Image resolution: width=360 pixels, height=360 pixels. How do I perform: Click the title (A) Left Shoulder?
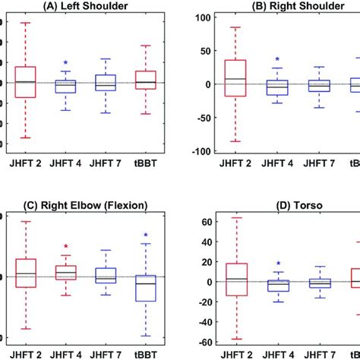tap(85, 6)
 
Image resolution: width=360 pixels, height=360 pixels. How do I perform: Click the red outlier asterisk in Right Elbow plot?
tap(66, 247)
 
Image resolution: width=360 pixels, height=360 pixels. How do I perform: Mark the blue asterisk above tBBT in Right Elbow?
tap(145, 235)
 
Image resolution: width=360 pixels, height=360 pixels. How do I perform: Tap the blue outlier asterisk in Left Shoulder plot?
tap(66, 64)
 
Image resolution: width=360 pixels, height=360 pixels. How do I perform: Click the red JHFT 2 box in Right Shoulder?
tap(235, 78)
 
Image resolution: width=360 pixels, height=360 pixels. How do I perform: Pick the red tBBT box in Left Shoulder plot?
tap(145, 80)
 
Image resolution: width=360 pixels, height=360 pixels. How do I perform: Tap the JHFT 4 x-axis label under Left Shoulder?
tap(66, 163)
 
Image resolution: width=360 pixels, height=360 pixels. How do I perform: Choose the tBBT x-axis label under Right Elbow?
tap(145, 353)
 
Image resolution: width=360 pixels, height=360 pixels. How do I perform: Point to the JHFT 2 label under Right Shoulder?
tap(235, 163)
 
